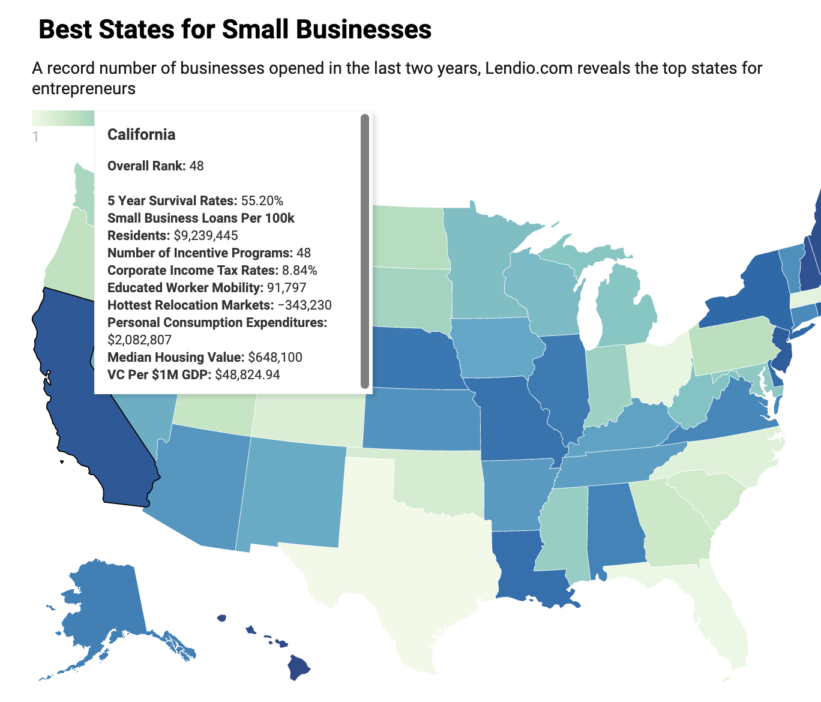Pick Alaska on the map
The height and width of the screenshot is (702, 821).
click(x=102, y=606)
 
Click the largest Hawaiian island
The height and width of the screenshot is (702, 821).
click(x=298, y=667)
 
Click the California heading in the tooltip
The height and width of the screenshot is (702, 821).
click(x=142, y=134)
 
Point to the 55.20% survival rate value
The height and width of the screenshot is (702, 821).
click(x=262, y=201)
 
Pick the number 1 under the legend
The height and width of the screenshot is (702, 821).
click(x=35, y=137)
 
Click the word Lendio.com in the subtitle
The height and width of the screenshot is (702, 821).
click(x=529, y=68)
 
